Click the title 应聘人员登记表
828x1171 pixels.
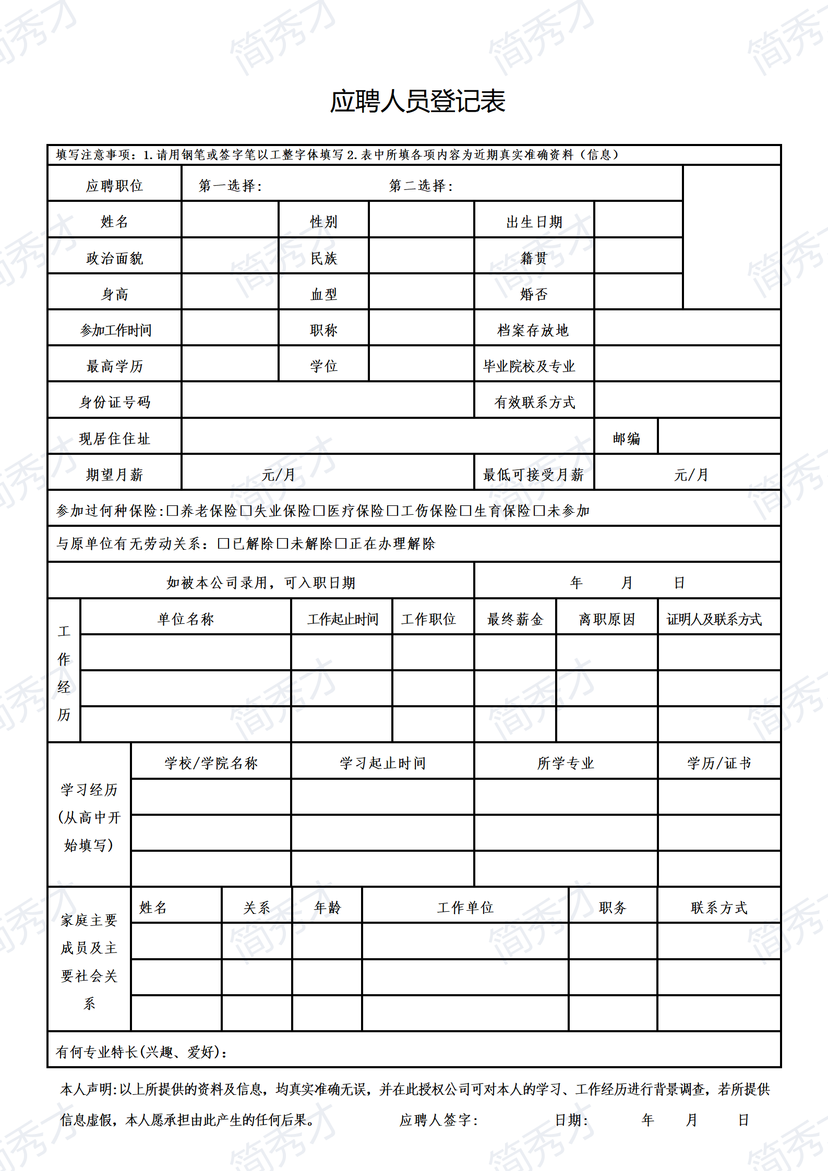417,101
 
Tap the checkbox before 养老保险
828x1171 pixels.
172,511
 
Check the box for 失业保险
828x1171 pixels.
246,511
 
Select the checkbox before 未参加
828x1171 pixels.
539,511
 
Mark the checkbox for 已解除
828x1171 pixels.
224,544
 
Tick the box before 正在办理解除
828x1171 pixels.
341,544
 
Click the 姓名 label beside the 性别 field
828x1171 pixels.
114,222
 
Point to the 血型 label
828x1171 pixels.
323,294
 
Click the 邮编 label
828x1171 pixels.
626,439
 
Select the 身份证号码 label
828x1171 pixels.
114,402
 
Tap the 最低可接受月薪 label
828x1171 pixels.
533,475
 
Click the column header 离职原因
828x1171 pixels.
607,619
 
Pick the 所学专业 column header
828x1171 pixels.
566,763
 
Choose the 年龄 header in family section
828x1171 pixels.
327,908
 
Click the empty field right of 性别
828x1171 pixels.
421,222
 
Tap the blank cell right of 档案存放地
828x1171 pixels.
687,330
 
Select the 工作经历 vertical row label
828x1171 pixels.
64,673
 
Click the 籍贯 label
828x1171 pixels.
533,258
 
